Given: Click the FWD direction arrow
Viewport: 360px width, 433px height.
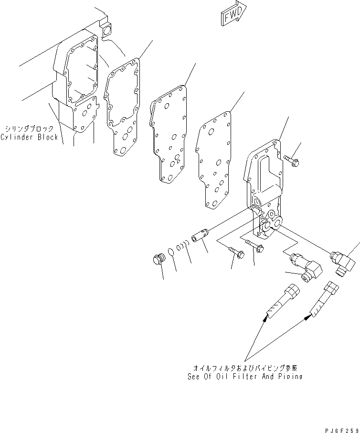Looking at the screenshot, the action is click(233, 14).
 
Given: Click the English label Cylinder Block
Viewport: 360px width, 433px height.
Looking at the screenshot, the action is click(30, 137).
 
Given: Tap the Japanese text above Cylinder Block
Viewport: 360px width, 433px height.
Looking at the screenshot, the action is click(29, 129).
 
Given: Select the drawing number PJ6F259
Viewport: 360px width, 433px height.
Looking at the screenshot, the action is click(342, 430).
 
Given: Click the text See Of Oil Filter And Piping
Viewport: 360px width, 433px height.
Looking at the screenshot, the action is click(245, 377).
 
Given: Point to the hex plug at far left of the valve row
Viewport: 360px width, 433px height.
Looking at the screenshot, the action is click(159, 260).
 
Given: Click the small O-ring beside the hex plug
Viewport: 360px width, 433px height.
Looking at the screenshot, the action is click(171, 252).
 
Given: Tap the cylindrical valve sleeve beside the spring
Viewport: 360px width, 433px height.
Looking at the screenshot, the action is click(201, 235).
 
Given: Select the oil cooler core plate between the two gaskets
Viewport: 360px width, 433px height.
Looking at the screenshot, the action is click(169, 134).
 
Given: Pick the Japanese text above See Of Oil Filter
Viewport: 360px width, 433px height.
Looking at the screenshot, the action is click(245, 368).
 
